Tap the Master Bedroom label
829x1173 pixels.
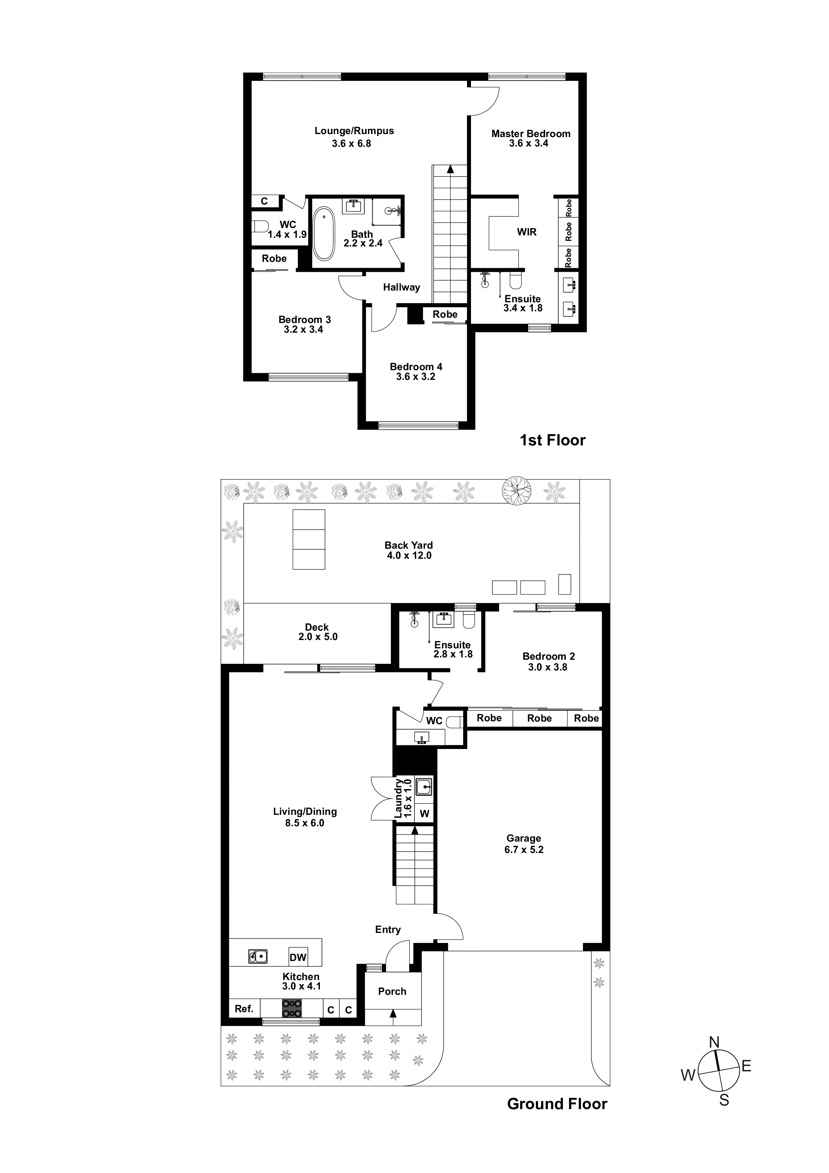[531, 134]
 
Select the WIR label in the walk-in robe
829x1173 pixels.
[526, 232]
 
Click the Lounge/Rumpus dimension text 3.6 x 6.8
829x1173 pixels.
[351, 143]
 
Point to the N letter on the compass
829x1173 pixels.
[714, 1042]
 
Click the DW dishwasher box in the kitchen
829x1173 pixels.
[298, 957]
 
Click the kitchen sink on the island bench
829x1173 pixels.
[258, 956]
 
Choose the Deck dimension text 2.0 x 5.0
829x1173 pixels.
[318, 637]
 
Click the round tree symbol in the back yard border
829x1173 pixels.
[516, 491]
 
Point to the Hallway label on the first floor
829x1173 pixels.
[401, 287]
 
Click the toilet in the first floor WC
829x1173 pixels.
[260, 226]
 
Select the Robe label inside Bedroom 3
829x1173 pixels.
[274, 258]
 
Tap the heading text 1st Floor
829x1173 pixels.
[552, 440]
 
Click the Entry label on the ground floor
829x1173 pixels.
[388, 929]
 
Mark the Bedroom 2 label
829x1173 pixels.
[549, 656]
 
